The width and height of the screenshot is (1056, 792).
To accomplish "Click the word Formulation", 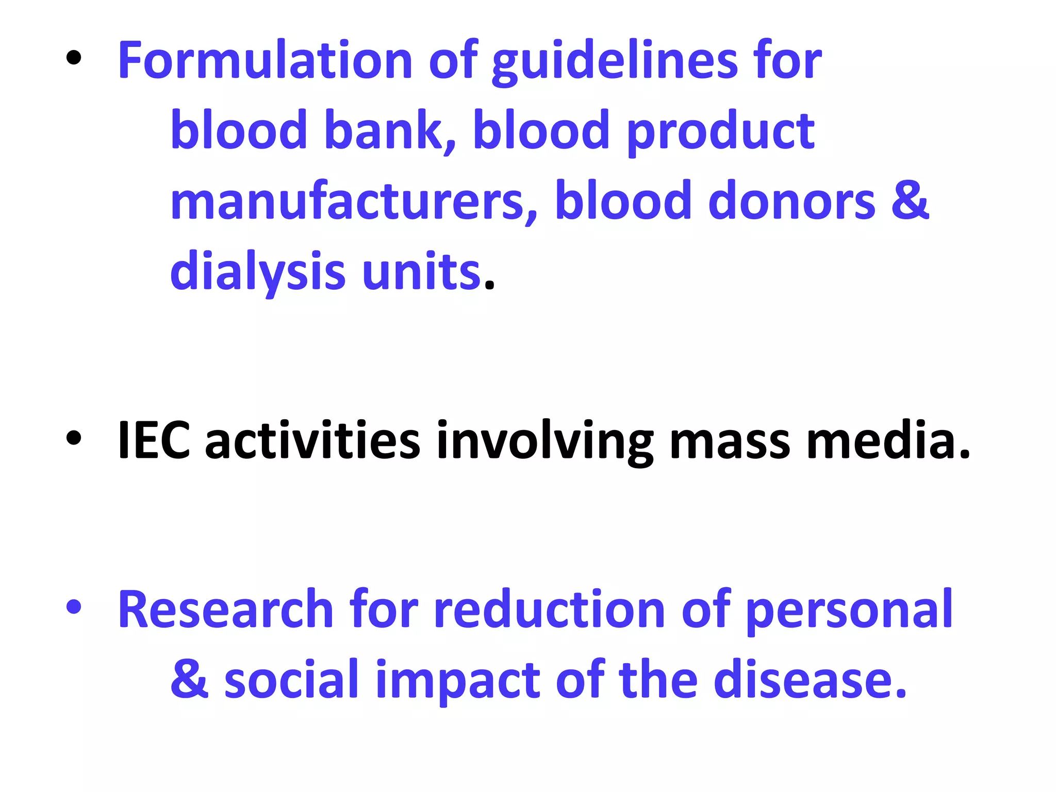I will [x=265, y=61].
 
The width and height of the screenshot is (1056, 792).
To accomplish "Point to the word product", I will [x=720, y=132].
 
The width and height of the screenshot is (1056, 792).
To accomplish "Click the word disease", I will [x=810, y=680].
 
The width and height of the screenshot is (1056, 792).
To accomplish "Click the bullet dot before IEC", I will [x=74, y=438].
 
